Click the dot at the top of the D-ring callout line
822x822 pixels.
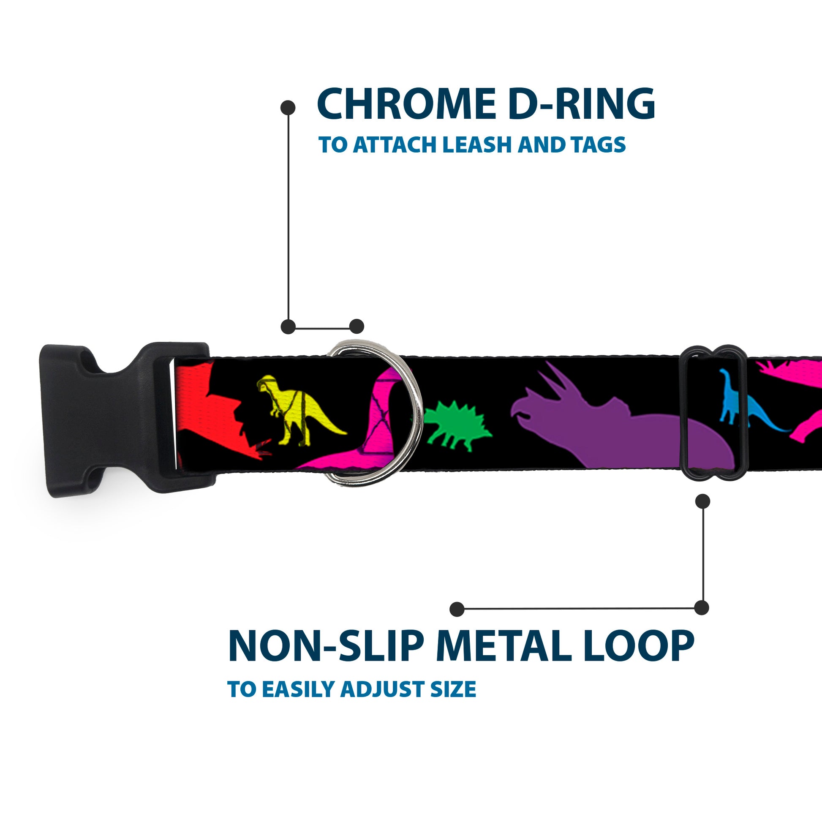288,108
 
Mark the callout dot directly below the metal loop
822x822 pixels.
702,501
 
